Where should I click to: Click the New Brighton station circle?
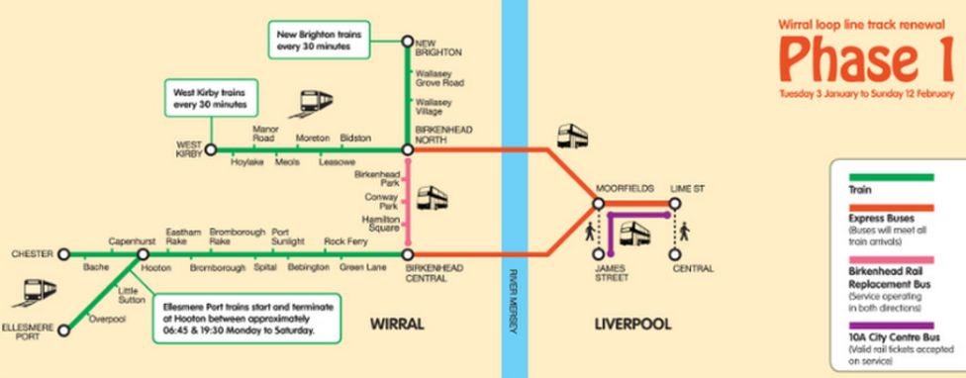(x=407, y=42)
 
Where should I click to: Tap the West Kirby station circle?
(x=210, y=150)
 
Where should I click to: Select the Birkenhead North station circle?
(x=407, y=150)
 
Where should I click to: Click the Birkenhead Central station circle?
(x=407, y=254)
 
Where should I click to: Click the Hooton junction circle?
(x=144, y=254)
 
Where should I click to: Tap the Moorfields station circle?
(x=598, y=204)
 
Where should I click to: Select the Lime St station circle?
(x=674, y=204)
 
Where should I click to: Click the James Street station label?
(x=611, y=272)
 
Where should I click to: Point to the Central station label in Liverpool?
(x=692, y=267)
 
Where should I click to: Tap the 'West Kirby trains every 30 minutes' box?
(x=210, y=97)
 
